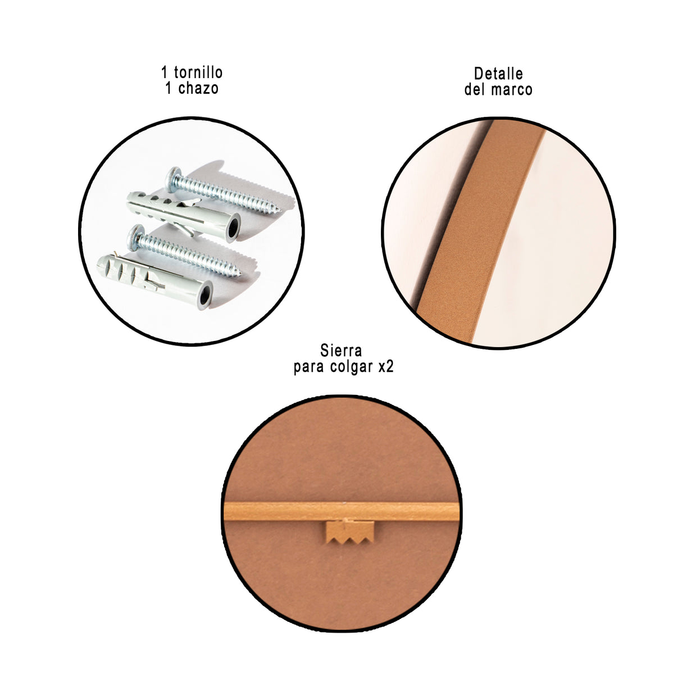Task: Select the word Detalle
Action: (x=498, y=74)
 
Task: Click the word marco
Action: (x=513, y=89)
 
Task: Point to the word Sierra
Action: (x=341, y=351)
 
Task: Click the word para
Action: (x=308, y=367)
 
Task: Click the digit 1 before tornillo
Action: (x=165, y=72)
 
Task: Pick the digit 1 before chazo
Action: (x=169, y=88)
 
